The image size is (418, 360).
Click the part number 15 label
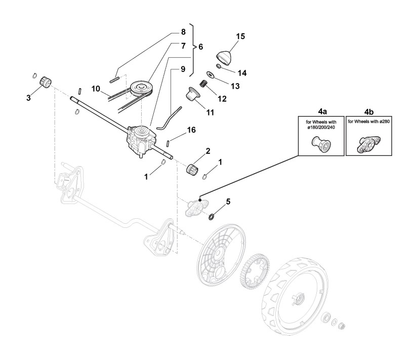(x=240, y=36)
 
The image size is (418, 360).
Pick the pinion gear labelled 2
(x=193, y=170)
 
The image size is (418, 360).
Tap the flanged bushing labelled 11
(x=193, y=94)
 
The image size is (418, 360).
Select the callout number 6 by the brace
(x=200, y=46)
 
